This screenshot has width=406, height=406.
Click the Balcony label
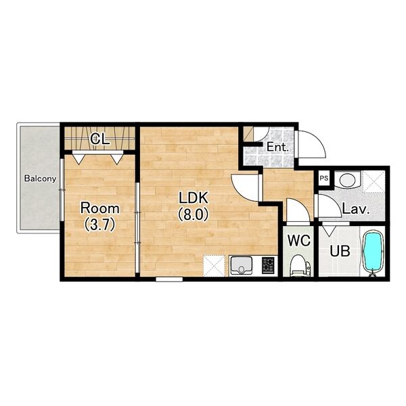(40, 179)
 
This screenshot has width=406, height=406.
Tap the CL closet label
(99, 139)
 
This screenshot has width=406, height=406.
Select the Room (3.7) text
(100, 217)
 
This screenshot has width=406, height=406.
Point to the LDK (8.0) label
(194, 206)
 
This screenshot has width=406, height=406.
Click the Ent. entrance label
(277, 148)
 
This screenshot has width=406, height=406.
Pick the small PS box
(324, 178)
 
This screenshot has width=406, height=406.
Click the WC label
(299, 240)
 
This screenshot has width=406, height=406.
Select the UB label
(340, 251)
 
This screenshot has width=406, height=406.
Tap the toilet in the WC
(300, 265)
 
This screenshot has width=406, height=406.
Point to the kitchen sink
(241, 265)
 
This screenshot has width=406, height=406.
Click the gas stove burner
(268, 265)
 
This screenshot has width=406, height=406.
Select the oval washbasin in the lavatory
(347, 180)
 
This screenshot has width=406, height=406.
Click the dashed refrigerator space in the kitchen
(214, 266)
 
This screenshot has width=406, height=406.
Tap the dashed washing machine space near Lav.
(374, 181)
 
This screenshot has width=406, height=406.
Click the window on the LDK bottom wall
(169, 279)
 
